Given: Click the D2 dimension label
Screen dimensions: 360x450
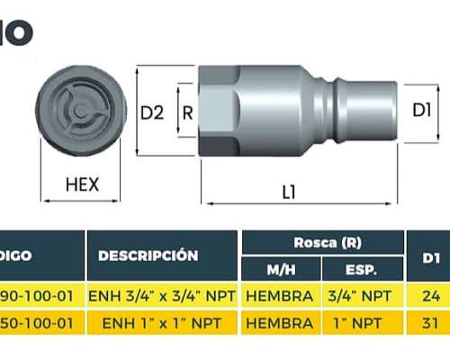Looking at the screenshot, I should coord(153,112).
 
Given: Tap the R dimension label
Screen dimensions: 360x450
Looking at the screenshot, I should coord(187,112).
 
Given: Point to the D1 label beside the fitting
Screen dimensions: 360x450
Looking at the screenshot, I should coord(422,111).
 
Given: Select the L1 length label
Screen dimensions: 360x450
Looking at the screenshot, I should coord(289,191).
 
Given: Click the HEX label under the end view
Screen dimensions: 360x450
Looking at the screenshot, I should coord(82,186).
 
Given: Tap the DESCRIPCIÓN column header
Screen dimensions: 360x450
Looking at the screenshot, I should coord(148,256).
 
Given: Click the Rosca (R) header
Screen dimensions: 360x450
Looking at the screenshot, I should coord(322,242).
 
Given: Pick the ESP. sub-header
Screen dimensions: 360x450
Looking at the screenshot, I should coord(362,269).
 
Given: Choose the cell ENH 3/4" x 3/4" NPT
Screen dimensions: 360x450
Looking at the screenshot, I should coord(162,295).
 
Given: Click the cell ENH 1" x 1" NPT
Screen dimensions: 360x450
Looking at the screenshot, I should coord(162,320).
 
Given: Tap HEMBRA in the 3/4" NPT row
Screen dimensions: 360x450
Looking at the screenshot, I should coord(280,295).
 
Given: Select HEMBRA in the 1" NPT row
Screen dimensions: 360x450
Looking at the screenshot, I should coord(280,320).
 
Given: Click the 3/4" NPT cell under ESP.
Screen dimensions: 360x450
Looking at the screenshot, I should coord(362,295).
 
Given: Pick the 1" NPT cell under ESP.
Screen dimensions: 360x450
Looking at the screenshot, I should coord(362,320).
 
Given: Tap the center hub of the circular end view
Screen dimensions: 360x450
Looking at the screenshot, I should coord(81,111).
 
